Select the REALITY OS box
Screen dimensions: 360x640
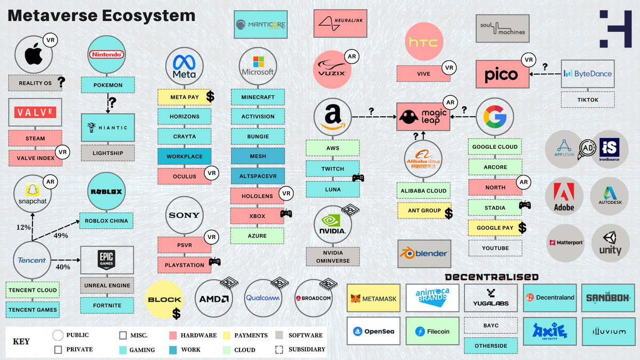[x=35, y=83]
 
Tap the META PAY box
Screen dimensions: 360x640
[x=184, y=97]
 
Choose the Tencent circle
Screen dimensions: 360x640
[x=32, y=260]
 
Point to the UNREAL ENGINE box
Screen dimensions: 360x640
[x=107, y=285]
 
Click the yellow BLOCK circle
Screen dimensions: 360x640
[x=165, y=299]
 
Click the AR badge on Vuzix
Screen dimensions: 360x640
[x=351, y=57]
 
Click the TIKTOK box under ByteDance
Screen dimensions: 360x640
[x=587, y=99]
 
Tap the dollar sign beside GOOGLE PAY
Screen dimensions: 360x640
[x=522, y=228]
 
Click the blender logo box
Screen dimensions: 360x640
[x=424, y=253]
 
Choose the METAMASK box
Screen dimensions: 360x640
[x=373, y=299]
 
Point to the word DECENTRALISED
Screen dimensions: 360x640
[x=491, y=277]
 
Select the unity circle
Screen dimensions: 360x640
[x=610, y=243]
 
